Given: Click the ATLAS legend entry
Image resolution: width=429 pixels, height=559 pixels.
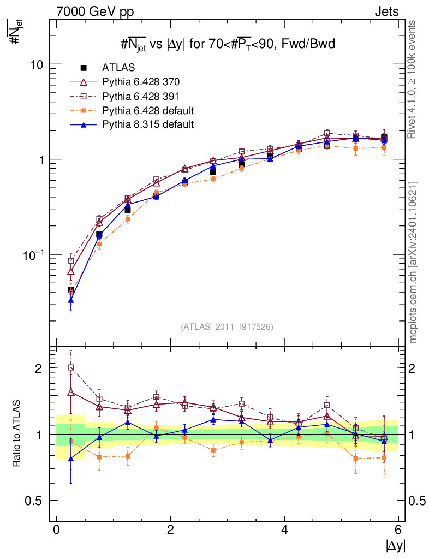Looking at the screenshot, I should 118,68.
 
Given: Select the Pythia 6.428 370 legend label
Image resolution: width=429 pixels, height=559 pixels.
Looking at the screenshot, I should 141,82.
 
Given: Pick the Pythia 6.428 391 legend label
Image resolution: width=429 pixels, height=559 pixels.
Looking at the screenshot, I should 141,97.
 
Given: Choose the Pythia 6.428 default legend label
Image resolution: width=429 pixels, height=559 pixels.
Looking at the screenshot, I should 148,111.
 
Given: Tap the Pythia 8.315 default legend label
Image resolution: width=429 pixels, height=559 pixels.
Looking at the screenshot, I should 148,124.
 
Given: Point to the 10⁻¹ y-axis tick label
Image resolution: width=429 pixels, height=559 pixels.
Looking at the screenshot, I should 34,254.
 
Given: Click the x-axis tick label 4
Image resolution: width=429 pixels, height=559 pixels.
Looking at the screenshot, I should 284,530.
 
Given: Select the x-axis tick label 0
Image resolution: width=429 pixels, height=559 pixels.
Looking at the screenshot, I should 56,530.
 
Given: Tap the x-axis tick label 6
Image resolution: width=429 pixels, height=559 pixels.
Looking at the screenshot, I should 398,530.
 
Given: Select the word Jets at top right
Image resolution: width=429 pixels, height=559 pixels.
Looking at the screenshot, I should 386,11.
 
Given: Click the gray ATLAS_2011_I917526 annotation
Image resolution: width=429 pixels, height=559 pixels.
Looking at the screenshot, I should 227,326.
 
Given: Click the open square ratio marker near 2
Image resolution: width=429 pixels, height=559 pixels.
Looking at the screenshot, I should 71,367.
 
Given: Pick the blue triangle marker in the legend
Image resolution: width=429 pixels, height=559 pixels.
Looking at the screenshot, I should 84,124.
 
